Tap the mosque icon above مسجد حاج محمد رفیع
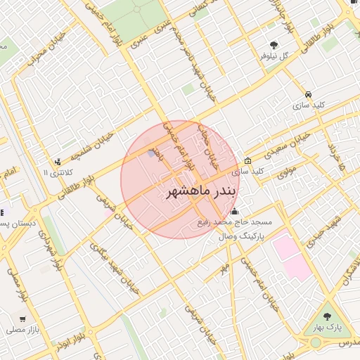tap(234, 211)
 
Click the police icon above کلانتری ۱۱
tap(57, 161)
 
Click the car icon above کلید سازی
tap(309, 94)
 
